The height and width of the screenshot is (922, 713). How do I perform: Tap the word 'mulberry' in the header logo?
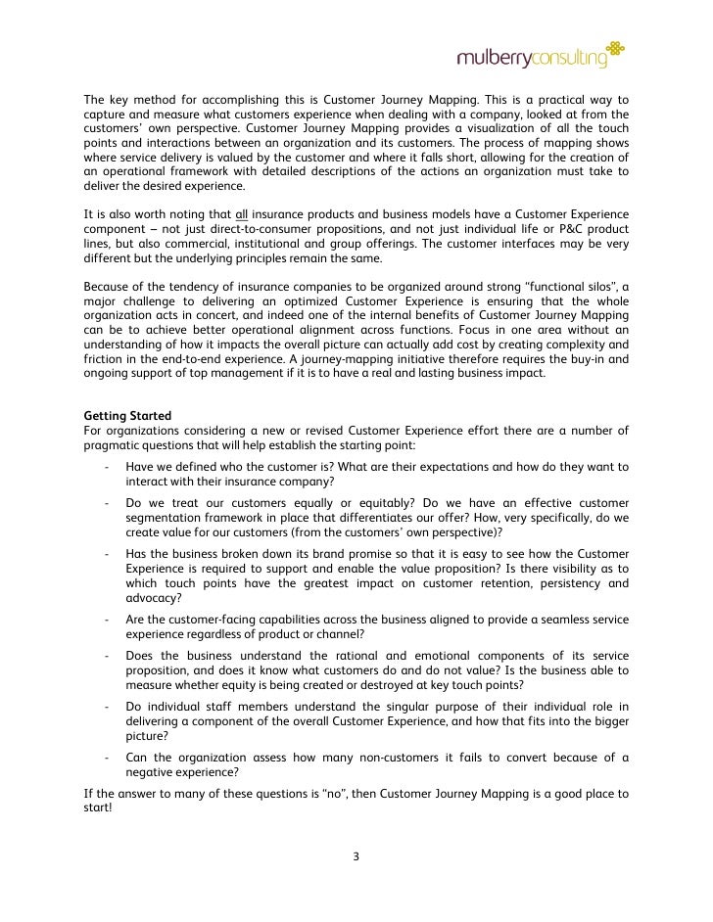493,60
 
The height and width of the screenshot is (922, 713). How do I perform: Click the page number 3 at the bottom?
356,858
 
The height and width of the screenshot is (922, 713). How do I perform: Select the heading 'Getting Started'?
127,416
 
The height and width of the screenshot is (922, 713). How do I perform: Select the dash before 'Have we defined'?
105,466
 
